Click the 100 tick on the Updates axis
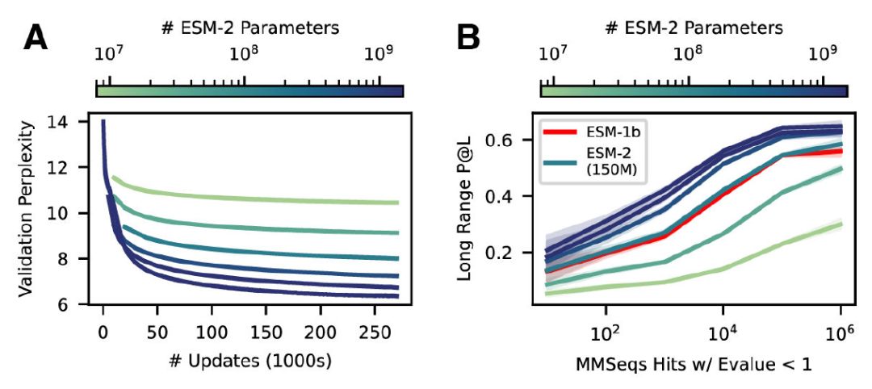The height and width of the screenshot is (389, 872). coord(211,331)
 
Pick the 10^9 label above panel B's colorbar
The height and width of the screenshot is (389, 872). coord(822,54)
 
